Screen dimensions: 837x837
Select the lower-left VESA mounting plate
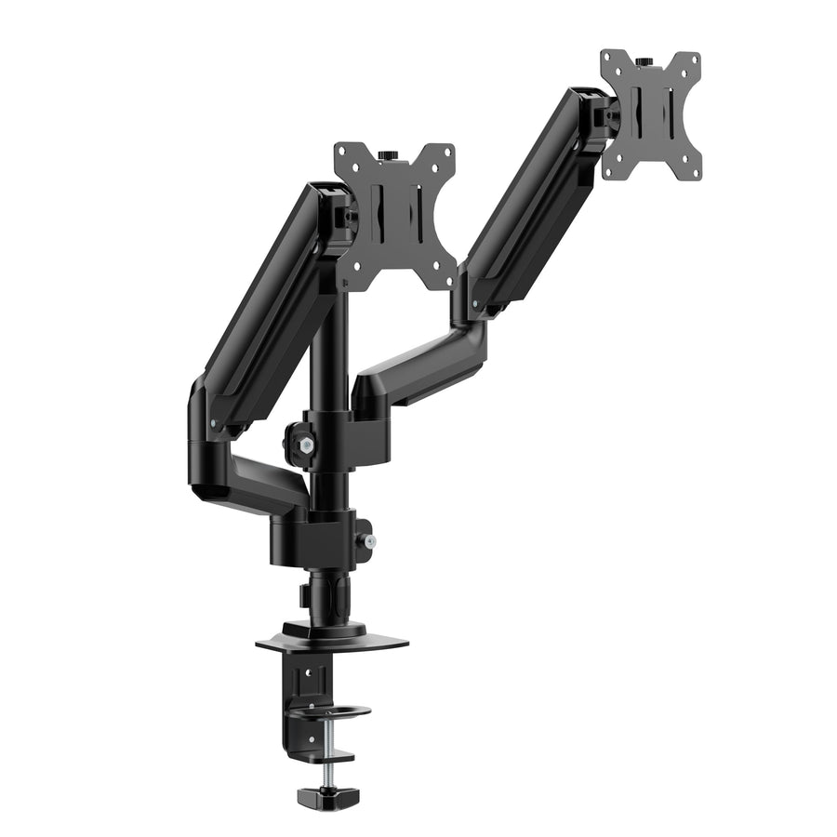tap(395, 214)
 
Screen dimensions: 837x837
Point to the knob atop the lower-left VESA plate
tap(391, 152)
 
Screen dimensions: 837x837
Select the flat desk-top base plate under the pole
tap(332, 641)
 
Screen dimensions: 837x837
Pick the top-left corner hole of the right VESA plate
tap(609, 60)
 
